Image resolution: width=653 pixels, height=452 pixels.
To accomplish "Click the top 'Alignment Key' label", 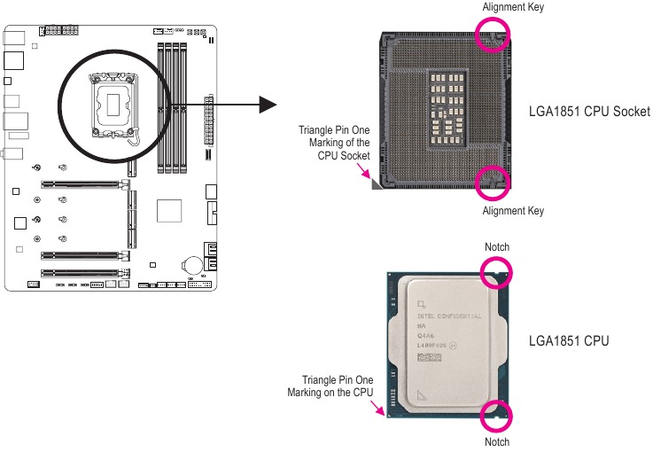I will click(513, 8).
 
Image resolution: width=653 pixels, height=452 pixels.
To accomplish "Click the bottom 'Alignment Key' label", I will click(513, 211).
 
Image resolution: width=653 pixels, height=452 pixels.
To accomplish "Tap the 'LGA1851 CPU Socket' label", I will click(589, 112).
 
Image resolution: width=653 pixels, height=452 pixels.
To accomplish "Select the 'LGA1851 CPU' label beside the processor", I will click(569, 340).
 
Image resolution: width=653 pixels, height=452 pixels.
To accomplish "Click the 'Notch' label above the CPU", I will click(497, 246).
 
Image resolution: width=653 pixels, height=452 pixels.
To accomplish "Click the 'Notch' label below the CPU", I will click(497, 441).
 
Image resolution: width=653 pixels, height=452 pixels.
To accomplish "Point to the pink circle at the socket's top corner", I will click(494, 35).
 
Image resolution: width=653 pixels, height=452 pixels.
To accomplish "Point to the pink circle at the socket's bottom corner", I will click(494, 182).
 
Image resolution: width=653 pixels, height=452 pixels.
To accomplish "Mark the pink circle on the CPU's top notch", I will click(496, 272).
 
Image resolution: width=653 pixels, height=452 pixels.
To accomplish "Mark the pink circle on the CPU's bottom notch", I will click(496, 417).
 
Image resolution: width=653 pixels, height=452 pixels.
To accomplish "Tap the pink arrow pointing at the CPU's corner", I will click(380, 409).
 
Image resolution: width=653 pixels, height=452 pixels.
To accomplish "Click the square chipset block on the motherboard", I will click(168, 211).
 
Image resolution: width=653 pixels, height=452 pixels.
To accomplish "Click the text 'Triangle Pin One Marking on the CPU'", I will click(330, 386).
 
